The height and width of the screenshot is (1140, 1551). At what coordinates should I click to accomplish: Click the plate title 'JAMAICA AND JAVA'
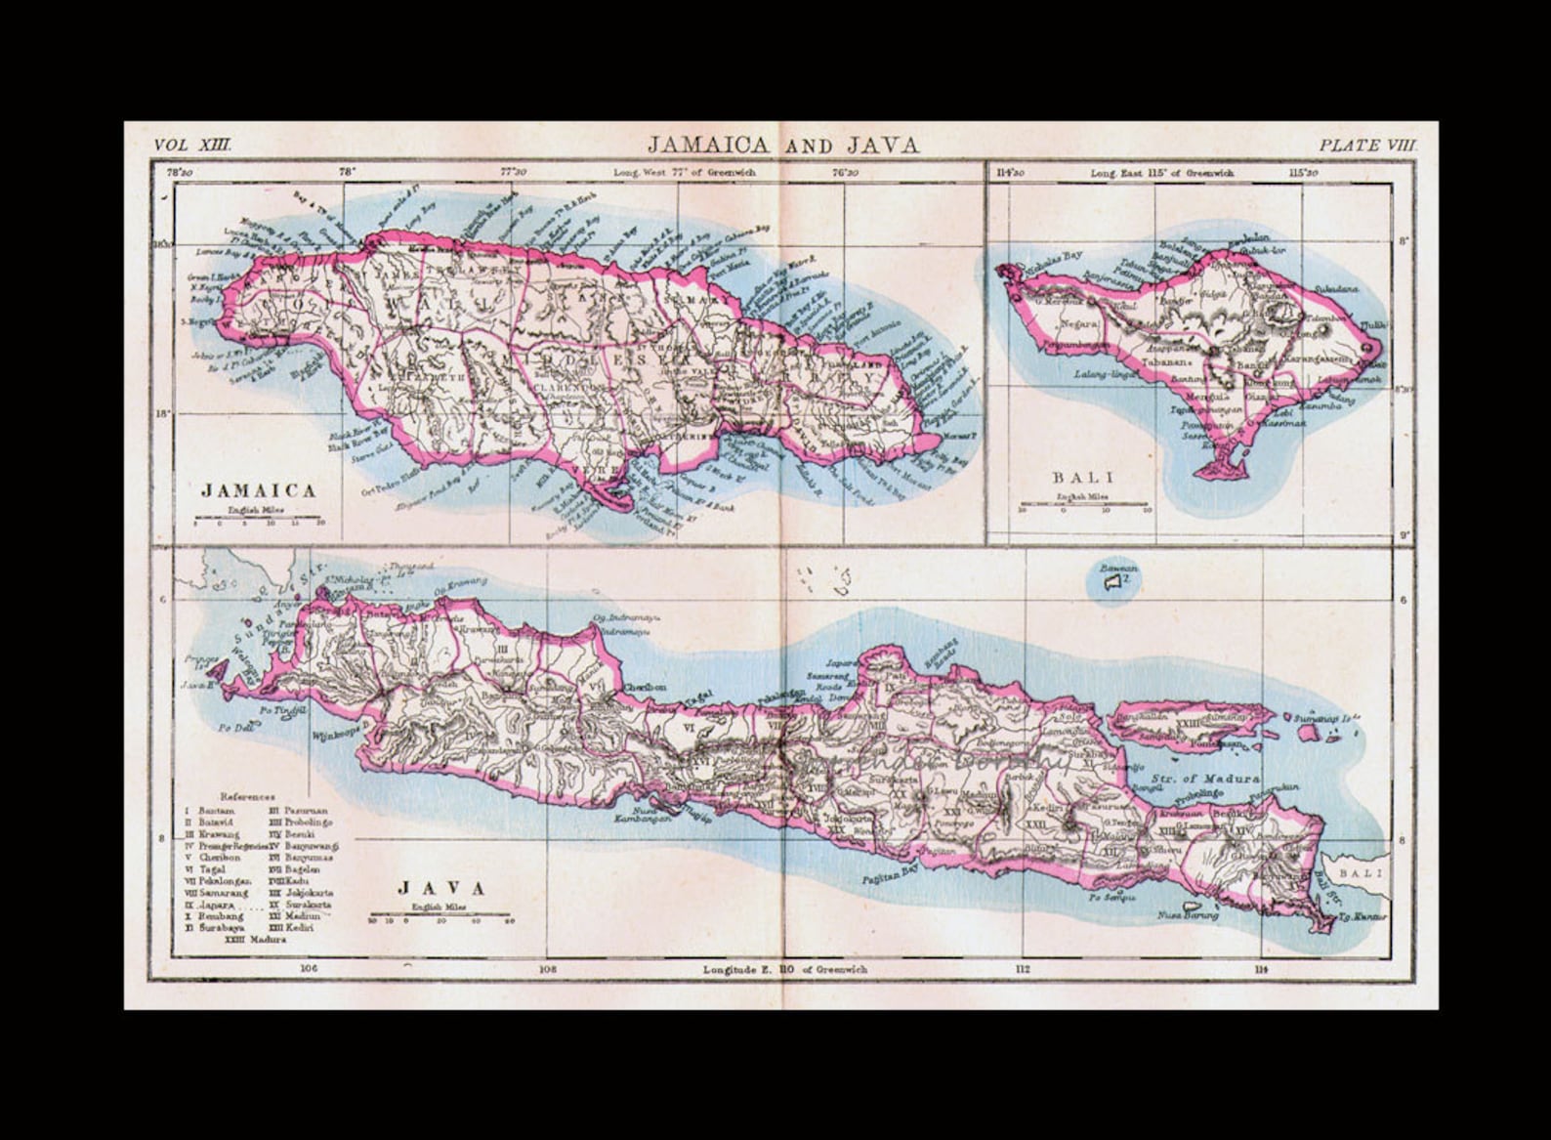(783, 146)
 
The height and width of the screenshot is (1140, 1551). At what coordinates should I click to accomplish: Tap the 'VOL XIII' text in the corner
(192, 145)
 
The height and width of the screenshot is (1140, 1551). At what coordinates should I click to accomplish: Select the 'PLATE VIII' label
(1366, 145)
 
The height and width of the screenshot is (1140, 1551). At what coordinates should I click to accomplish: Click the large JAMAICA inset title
(258, 490)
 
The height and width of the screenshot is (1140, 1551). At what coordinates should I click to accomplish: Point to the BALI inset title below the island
(1083, 478)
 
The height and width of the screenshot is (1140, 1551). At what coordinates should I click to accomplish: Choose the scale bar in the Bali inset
(1084, 505)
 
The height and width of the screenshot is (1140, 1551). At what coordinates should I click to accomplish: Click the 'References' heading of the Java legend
(248, 796)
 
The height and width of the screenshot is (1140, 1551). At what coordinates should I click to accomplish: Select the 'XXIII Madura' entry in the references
(255, 940)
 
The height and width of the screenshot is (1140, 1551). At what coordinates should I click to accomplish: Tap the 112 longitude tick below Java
(1023, 970)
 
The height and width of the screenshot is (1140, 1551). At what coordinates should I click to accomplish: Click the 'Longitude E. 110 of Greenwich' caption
(784, 970)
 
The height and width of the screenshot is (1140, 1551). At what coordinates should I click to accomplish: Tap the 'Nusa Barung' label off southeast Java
(1188, 915)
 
